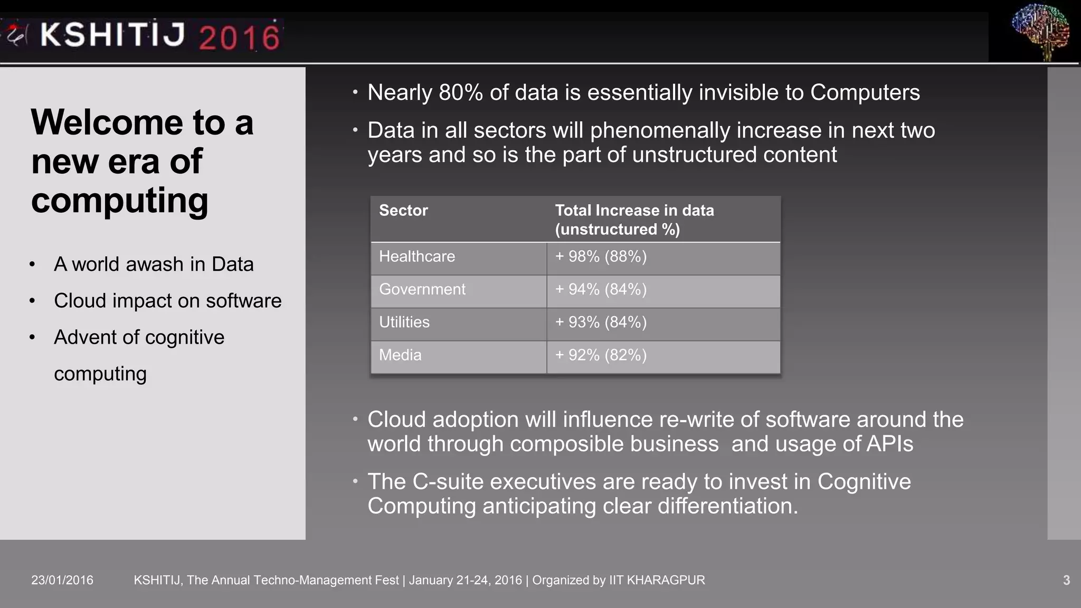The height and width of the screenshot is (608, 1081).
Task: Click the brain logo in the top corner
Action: pyautogui.click(x=1040, y=31)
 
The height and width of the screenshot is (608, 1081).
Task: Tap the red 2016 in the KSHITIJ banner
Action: pyautogui.click(x=239, y=37)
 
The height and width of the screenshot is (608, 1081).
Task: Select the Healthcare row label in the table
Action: pyautogui.click(x=416, y=256)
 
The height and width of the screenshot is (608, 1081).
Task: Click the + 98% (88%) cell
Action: pyautogui.click(x=601, y=256)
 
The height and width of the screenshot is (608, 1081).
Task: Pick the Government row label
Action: pyautogui.click(x=422, y=289)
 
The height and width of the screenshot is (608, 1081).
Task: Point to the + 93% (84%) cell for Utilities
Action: pyautogui.click(x=601, y=322)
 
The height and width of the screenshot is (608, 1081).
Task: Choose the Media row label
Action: pyautogui.click(x=400, y=355)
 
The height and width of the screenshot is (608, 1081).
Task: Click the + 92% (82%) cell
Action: pyautogui.click(x=601, y=355)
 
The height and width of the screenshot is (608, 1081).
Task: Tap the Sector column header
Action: pyautogui.click(x=403, y=211)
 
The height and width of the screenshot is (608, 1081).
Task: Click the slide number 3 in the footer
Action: pyautogui.click(x=1066, y=580)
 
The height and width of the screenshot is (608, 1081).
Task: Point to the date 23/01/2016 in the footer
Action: pyautogui.click(x=62, y=580)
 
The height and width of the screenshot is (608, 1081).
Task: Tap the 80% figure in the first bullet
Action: pyautogui.click(x=461, y=93)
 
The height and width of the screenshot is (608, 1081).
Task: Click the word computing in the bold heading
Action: pyautogui.click(x=120, y=201)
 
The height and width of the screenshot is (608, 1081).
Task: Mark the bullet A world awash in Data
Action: pyautogui.click(x=154, y=264)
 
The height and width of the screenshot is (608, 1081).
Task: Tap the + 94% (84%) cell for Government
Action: pyautogui.click(x=601, y=289)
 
